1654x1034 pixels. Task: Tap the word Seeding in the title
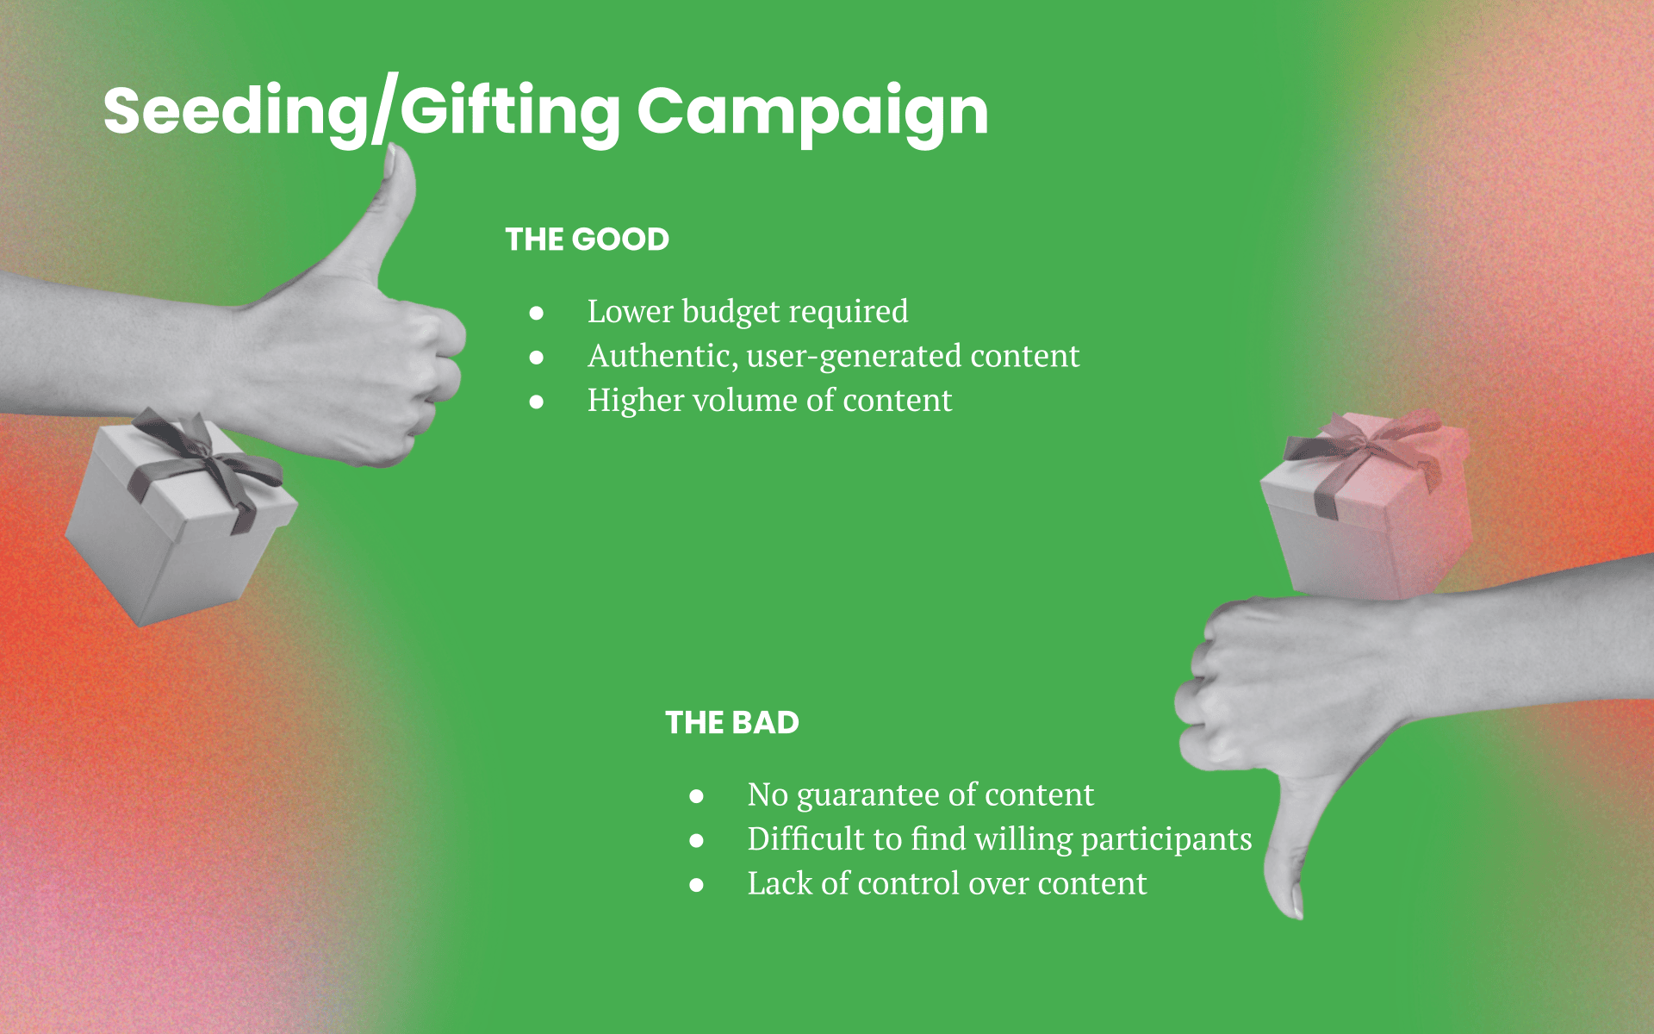(x=236, y=112)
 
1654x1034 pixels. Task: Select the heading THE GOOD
(x=587, y=240)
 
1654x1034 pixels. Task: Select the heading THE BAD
(x=732, y=723)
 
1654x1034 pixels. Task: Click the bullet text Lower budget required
(x=748, y=312)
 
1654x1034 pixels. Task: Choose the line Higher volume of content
(x=769, y=401)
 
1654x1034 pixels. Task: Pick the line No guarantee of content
(x=920, y=795)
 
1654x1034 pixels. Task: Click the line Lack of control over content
(x=947, y=884)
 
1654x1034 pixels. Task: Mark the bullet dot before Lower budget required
(x=537, y=313)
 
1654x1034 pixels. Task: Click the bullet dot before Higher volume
(x=537, y=402)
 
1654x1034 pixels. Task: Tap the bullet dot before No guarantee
(x=697, y=796)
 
